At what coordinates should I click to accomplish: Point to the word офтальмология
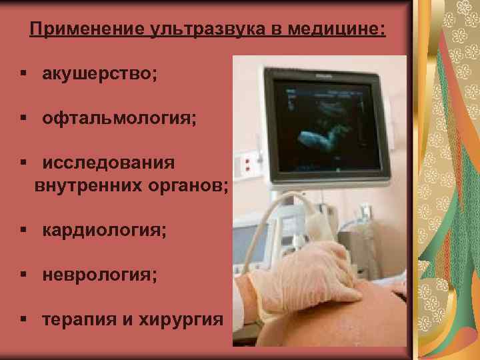[119, 119]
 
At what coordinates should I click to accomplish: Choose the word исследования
[109, 163]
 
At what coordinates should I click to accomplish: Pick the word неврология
[100, 275]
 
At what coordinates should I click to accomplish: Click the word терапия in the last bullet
[79, 319]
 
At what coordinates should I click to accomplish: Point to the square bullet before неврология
[23, 275]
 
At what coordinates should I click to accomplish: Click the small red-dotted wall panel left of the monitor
[250, 164]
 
